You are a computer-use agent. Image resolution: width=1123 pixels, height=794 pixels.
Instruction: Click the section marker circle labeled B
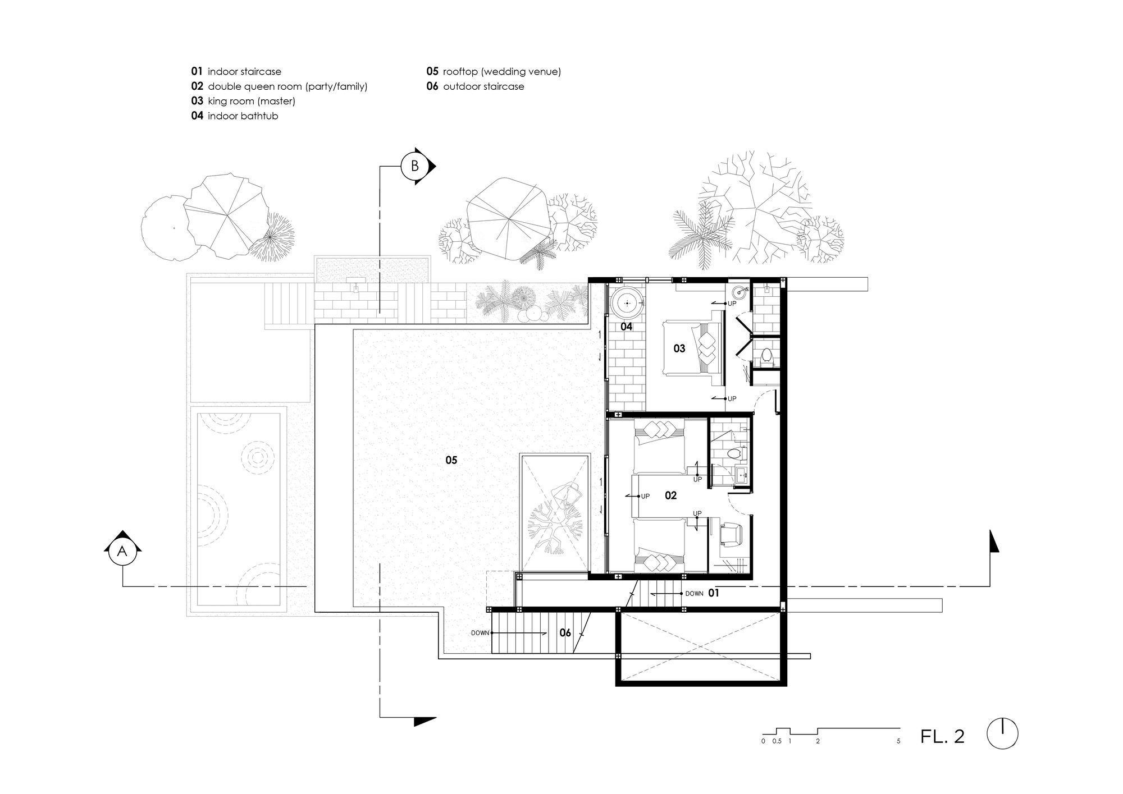click(415, 166)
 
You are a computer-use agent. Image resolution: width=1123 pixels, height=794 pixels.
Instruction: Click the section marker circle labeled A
click(122, 552)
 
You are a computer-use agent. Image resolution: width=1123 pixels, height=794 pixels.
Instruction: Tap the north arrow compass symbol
click(1002, 733)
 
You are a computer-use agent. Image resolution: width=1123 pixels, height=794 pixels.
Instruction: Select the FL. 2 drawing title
click(942, 736)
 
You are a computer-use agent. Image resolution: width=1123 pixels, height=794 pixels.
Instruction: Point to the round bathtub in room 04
click(626, 304)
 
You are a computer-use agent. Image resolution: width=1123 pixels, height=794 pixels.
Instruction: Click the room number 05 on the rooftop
click(451, 460)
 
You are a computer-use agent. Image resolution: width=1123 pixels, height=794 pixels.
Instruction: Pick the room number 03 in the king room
click(679, 348)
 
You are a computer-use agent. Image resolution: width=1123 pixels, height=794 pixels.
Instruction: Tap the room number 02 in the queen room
click(670, 495)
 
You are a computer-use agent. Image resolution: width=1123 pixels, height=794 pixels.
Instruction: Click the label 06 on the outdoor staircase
click(565, 633)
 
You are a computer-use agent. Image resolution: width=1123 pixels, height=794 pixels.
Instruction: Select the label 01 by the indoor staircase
click(713, 593)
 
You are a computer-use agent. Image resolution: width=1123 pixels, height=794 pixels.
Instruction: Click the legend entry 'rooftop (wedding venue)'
click(502, 72)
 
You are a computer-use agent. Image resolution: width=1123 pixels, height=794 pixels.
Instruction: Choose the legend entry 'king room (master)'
click(252, 102)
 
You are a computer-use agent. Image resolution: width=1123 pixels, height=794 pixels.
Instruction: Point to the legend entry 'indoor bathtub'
click(243, 116)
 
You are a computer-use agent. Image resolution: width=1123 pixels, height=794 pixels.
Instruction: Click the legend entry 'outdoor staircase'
click(483, 86)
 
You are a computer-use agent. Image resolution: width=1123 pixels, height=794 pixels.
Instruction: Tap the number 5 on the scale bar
click(898, 741)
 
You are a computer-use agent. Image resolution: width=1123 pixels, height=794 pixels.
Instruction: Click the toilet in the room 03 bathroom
click(766, 356)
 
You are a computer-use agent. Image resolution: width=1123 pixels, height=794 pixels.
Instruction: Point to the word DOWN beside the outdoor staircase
click(480, 633)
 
